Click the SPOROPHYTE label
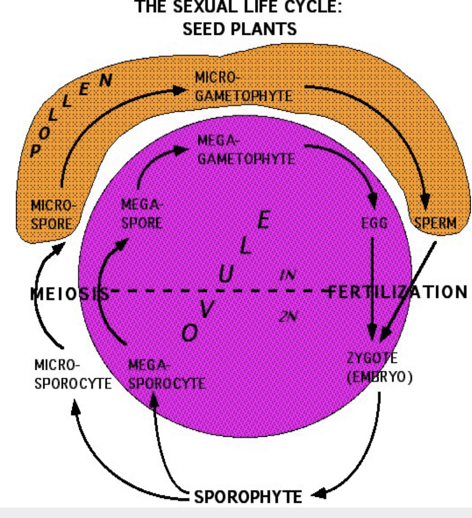[x=248, y=496]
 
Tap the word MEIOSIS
[x=70, y=293]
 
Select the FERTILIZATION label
[x=398, y=292]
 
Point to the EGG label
[x=374, y=223]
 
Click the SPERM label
[x=435, y=223]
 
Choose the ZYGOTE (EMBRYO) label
[x=380, y=368]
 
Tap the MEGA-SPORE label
[x=142, y=214]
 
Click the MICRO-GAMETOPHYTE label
[x=244, y=87]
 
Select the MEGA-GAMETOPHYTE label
[x=246, y=150]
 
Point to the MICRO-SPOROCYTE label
[x=73, y=375]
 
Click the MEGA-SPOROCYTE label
[x=167, y=375]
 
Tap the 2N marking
[x=288, y=316]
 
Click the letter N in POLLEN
[x=106, y=80]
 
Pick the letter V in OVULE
[x=206, y=309]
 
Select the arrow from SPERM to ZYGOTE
[x=408, y=291]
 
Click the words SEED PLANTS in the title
[x=240, y=29]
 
